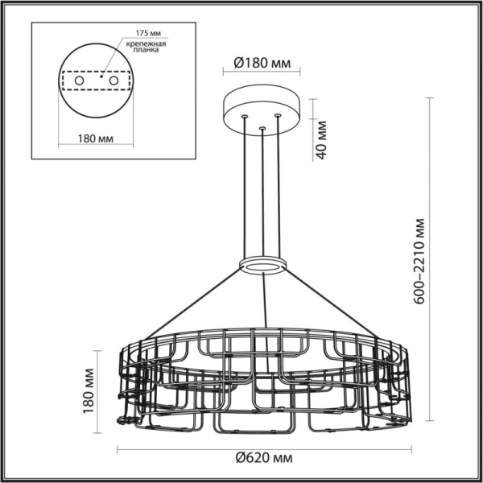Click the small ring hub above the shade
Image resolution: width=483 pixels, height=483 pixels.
(263, 266)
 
